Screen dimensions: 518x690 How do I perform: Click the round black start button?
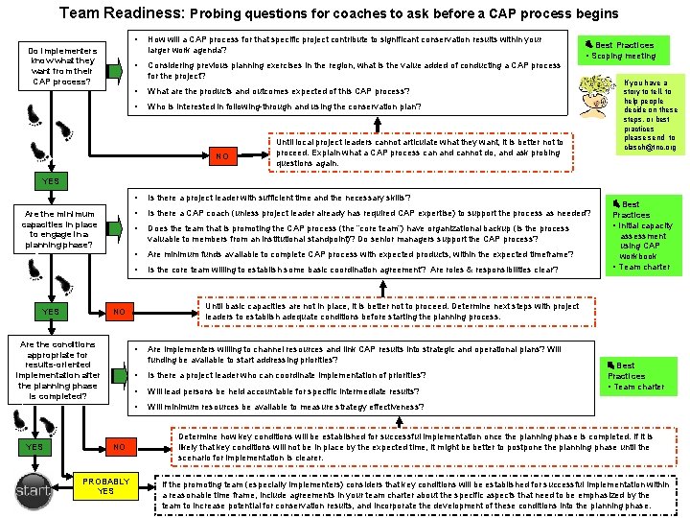(x=32, y=491)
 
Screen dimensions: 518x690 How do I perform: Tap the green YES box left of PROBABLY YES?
(x=35, y=447)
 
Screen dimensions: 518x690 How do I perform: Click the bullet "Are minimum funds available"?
(x=358, y=254)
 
